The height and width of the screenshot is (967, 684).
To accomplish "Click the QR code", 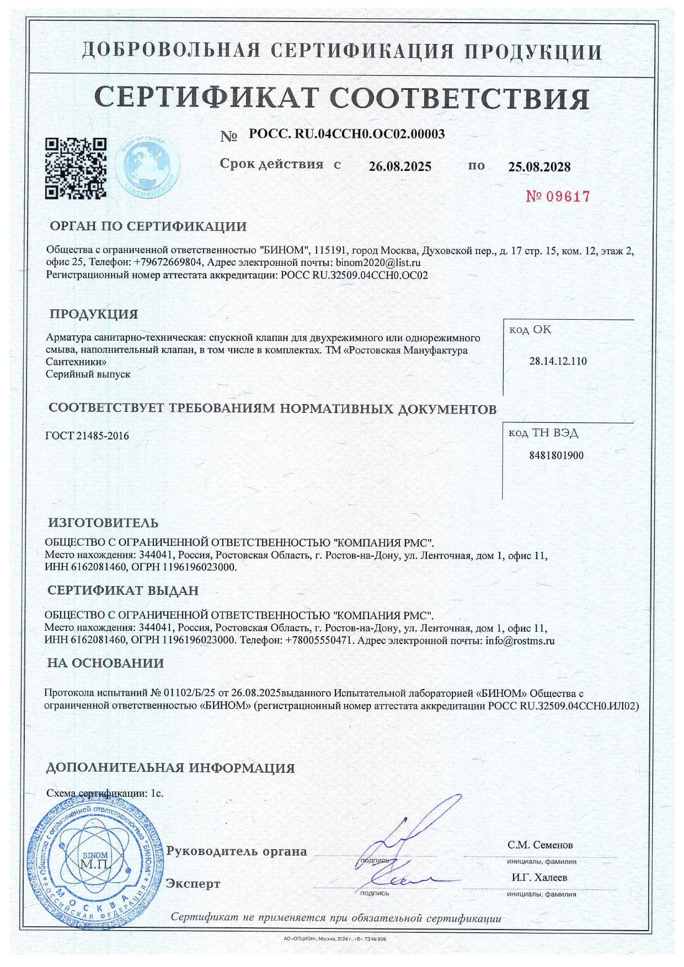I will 75,168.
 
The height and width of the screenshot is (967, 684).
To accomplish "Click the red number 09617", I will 558,196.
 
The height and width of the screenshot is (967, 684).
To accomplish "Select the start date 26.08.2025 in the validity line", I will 400,166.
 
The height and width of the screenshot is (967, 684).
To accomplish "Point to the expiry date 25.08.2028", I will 539,166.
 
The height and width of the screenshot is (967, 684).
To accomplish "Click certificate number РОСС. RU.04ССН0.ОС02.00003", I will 346,134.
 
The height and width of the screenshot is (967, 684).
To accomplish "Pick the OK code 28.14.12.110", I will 558,362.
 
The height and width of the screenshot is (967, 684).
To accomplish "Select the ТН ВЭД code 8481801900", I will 556,455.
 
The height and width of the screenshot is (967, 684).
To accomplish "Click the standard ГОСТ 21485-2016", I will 88,436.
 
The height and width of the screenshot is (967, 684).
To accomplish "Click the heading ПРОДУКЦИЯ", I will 94,314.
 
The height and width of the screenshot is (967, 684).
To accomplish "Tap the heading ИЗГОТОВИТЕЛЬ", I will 103,523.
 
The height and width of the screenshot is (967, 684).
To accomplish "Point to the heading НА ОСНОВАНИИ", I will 105,663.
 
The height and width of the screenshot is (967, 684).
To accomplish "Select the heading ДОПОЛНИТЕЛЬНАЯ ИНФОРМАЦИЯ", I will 170,768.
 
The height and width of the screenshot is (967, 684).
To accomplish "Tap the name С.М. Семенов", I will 540,845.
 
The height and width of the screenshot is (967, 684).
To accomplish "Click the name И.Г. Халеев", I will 539,878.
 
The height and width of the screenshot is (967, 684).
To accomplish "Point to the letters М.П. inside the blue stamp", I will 95,863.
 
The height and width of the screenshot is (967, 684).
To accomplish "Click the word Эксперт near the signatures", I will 193,884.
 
